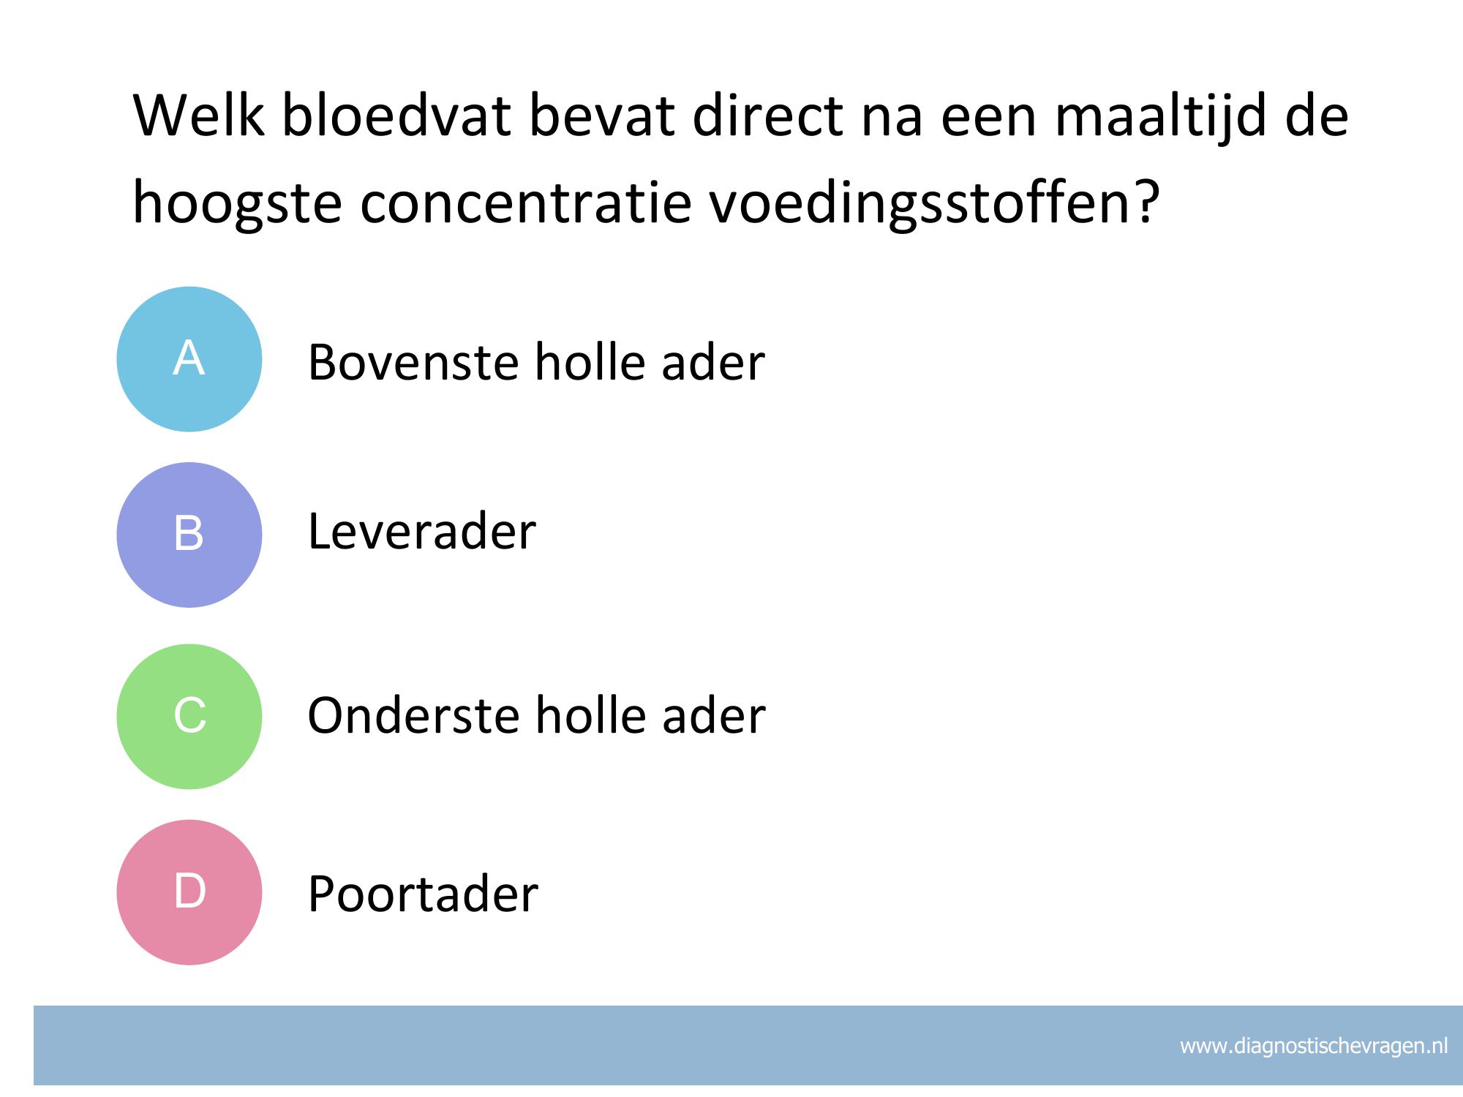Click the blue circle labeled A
pyautogui.click(x=189, y=359)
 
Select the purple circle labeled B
pyautogui.click(x=189, y=535)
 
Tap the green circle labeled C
pyautogui.click(x=189, y=716)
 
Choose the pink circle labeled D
pyautogui.click(x=189, y=892)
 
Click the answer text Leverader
pyautogui.click(x=422, y=531)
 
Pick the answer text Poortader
pyautogui.click(x=423, y=893)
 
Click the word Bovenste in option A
pyautogui.click(x=413, y=361)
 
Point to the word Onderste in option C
pyautogui.click(x=414, y=715)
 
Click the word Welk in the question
pyautogui.click(x=198, y=116)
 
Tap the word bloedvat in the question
pyautogui.click(x=396, y=116)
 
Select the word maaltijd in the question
pyautogui.click(x=1160, y=116)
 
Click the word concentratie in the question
pyautogui.click(x=525, y=203)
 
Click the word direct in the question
pyautogui.click(x=767, y=116)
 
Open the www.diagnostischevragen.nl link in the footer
pyautogui.click(x=1314, y=1046)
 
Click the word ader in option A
pyautogui.click(x=713, y=361)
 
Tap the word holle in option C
pyautogui.click(x=590, y=715)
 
